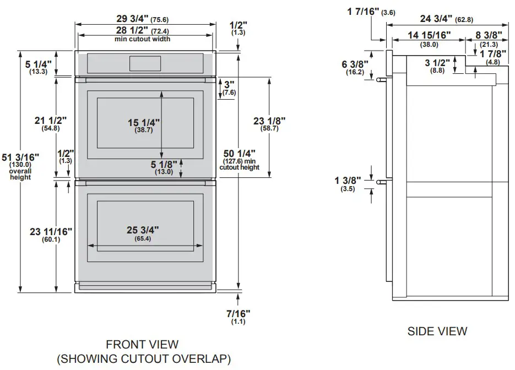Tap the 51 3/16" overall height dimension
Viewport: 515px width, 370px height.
point(17,159)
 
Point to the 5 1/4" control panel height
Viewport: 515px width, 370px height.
point(39,64)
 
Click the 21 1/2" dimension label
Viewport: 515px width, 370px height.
point(50,121)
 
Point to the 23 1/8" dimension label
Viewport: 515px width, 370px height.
point(270,121)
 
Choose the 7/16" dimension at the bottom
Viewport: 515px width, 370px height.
point(238,313)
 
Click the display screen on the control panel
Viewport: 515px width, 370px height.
point(145,63)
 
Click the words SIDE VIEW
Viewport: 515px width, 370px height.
point(437,331)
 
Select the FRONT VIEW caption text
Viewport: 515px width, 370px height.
point(142,345)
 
